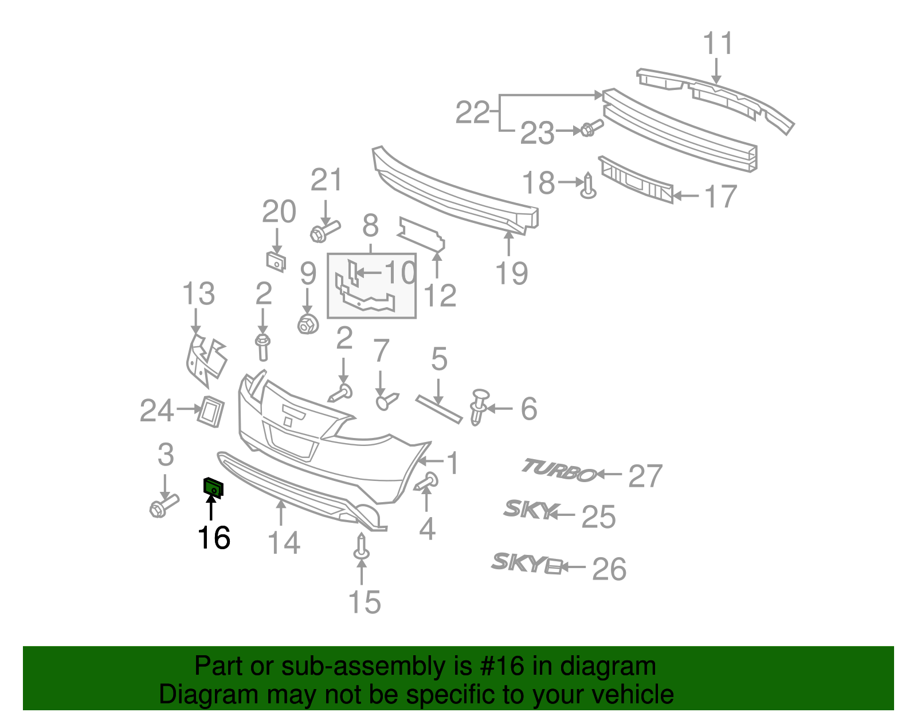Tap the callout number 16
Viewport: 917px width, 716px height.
tap(214, 538)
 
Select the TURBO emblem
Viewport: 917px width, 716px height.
tap(558, 471)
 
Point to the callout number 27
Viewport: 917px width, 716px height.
tap(645, 476)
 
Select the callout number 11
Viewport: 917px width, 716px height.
tap(718, 44)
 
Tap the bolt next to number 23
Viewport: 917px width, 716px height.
tap(591, 128)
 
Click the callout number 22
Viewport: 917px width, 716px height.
tap(472, 112)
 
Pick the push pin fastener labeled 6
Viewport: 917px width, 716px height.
tap(479, 406)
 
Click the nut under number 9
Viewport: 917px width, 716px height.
tap(308, 325)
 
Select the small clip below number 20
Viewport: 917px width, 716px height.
tap(276, 261)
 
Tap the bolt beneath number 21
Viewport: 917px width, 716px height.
tap(324, 231)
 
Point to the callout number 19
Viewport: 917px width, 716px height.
tap(511, 273)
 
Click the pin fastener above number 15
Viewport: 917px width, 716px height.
tap(362, 546)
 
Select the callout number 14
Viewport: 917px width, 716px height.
tap(283, 542)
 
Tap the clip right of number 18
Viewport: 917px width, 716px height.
tap(588, 187)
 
